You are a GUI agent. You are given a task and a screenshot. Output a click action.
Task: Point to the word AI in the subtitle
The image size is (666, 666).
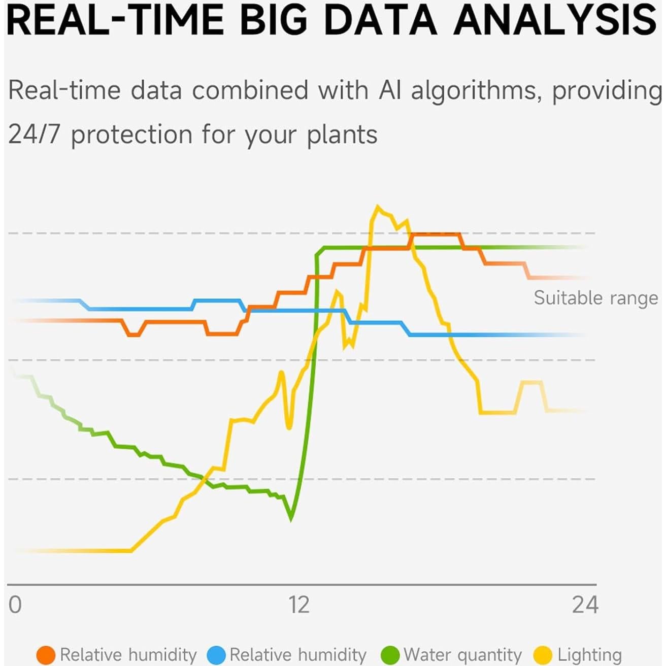point(390,90)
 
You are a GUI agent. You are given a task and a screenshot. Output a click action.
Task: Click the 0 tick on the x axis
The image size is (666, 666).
point(15,605)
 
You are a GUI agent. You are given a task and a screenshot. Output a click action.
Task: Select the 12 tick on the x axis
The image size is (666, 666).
point(298,605)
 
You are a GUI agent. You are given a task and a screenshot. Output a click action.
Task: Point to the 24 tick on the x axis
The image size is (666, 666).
point(585,605)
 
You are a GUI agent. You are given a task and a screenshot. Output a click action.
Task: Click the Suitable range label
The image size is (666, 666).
point(595,298)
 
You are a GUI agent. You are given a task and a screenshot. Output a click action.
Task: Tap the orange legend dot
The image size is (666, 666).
point(46,655)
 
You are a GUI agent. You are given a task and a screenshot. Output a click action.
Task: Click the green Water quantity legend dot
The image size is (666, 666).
point(391,655)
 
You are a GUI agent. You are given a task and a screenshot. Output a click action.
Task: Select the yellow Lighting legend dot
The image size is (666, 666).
point(545,655)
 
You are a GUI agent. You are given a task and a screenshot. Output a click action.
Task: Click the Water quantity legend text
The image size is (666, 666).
point(462,655)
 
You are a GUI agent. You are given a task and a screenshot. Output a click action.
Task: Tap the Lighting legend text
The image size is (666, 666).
point(589,655)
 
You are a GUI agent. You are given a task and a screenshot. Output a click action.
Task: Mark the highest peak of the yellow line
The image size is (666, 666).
point(377,207)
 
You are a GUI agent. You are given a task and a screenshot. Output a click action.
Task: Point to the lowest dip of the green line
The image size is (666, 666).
point(291,518)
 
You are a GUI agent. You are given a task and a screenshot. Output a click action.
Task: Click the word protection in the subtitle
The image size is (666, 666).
point(131,135)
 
